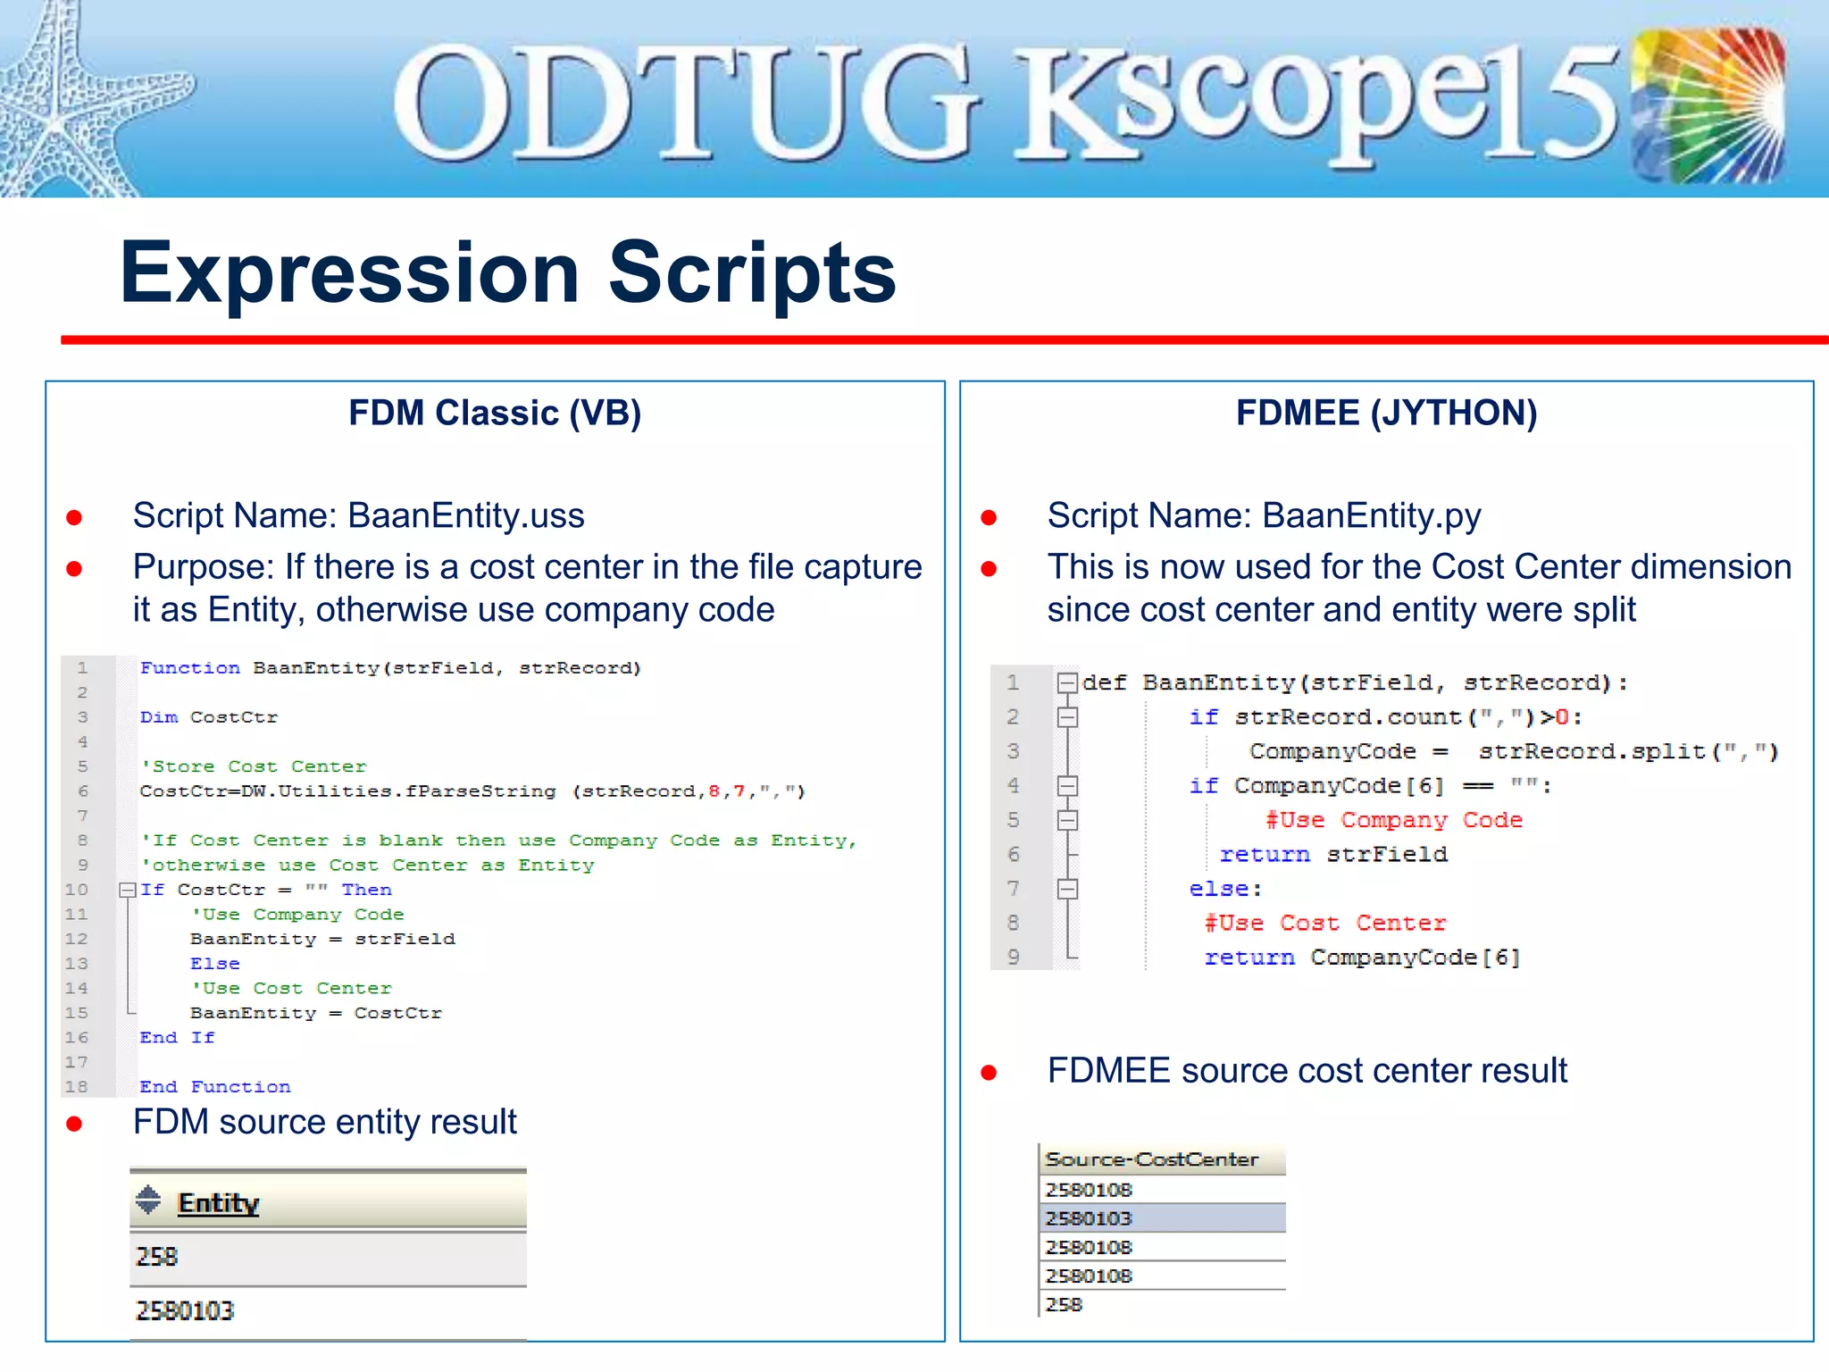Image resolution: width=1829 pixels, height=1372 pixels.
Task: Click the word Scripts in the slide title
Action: (752, 272)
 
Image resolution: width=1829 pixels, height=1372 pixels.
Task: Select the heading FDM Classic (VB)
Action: (495, 413)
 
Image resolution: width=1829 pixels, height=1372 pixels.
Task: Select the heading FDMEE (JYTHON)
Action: (1386, 413)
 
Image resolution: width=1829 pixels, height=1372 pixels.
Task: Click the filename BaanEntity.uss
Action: (465, 515)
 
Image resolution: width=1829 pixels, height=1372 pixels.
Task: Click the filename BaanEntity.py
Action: (1371, 515)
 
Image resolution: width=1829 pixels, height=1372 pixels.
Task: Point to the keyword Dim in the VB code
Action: (158, 717)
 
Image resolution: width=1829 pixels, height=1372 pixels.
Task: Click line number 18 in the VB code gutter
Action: (77, 1087)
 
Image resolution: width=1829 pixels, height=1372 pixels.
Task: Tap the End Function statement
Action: (214, 1087)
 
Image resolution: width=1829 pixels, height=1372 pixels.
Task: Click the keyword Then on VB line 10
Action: (366, 890)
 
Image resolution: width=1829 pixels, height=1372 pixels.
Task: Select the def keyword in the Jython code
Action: (1104, 683)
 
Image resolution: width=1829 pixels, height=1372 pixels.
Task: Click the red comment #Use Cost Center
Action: (1324, 923)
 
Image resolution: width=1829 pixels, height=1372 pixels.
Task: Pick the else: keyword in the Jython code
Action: (1224, 889)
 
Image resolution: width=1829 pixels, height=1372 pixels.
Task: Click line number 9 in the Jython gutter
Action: (1013, 958)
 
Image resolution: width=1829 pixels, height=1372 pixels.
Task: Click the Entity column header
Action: (218, 1203)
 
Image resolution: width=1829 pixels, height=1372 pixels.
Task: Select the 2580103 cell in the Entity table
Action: (185, 1310)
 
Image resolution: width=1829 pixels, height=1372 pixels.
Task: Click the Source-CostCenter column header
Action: (1151, 1159)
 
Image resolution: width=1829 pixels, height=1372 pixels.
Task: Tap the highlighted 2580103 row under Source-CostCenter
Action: (1089, 1218)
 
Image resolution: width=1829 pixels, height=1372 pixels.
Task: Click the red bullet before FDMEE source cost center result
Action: (989, 1073)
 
